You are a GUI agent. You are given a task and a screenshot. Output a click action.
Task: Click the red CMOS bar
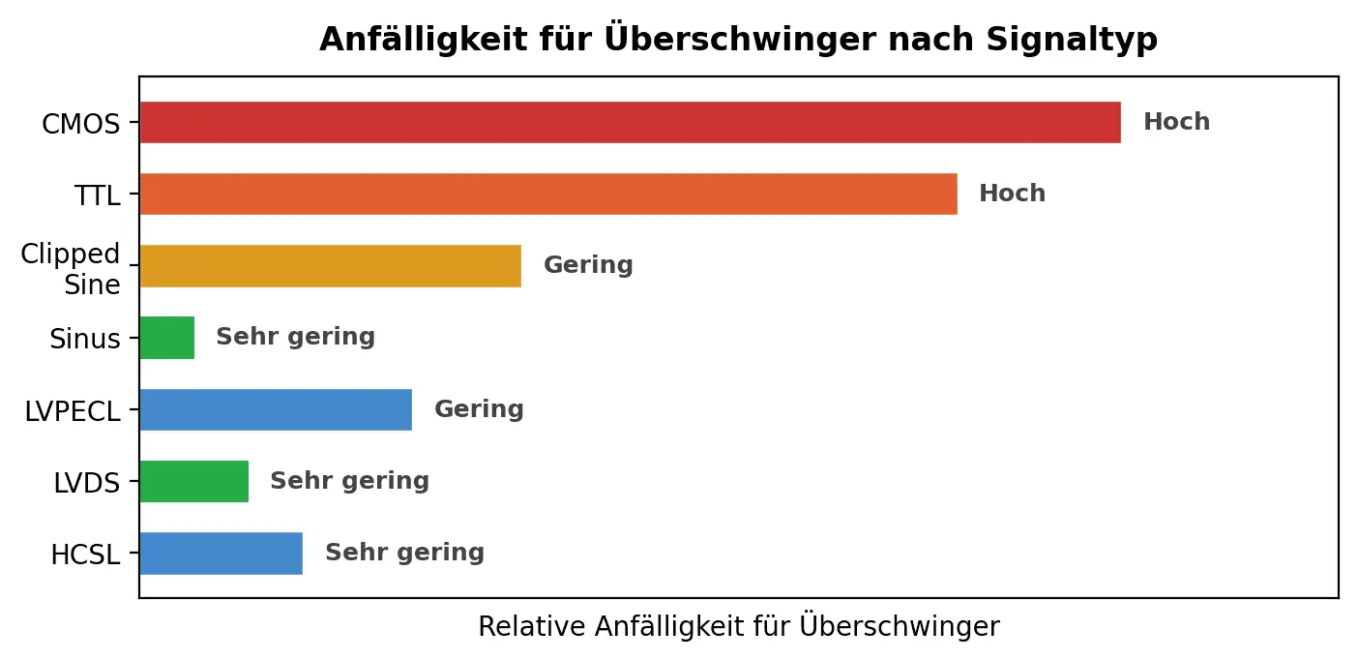point(630,123)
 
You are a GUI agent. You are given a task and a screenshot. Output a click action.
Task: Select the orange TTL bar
point(547,195)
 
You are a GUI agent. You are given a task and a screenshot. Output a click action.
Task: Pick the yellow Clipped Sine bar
point(330,266)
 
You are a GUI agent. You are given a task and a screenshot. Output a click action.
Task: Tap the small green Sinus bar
point(166,338)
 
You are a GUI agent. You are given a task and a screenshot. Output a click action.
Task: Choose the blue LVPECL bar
point(276,409)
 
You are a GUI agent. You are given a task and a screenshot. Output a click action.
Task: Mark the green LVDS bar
point(193,481)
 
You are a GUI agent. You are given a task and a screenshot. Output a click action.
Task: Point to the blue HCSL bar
point(221,553)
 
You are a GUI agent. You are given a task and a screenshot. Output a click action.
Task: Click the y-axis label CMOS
point(81,125)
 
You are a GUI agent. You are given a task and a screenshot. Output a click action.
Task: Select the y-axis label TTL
point(98,196)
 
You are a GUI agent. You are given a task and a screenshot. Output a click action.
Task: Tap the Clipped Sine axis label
point(72,269)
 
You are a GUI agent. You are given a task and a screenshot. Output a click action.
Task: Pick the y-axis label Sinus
point(85,340)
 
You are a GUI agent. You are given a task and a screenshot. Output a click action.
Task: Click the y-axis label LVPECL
point(73,411)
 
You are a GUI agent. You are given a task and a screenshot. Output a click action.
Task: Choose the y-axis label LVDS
point(85,483)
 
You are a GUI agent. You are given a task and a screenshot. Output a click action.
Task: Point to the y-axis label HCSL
point(85,555)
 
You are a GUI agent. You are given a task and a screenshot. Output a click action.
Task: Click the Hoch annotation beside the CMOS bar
point(1176,122)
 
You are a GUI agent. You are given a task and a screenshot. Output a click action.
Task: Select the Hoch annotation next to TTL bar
point(1012,194)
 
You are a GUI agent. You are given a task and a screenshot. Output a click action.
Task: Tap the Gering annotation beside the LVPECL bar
point(479,409)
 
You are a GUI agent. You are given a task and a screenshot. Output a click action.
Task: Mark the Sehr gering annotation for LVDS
point(349,481)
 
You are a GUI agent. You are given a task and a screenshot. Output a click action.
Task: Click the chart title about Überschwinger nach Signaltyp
point(738,39)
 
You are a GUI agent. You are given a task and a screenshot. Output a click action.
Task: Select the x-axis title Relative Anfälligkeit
point(738,627)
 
